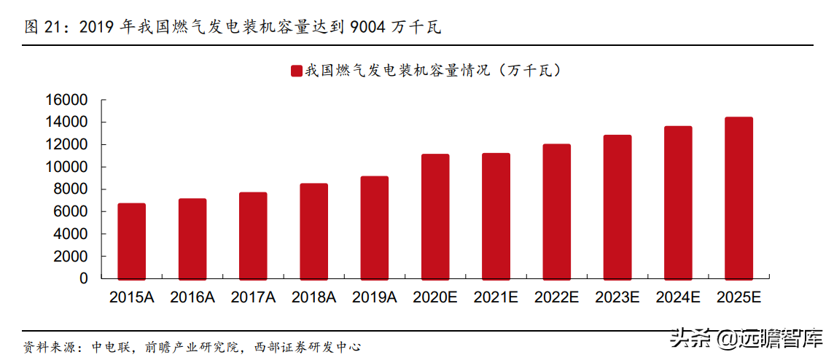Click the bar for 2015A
132,241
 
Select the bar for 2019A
375,227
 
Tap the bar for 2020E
435,216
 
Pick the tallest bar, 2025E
739,198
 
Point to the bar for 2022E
557,211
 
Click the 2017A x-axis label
253,297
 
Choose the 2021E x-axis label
496,297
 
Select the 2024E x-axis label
678,297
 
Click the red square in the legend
297,71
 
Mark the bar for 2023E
617,207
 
